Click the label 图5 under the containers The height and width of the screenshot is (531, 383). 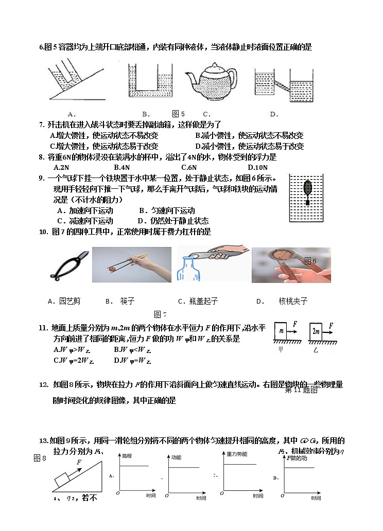tap(178, 114)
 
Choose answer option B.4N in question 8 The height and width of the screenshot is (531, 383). tap(121, 167)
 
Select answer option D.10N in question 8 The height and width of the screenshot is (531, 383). tap(257, 167)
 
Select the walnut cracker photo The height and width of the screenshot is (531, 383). tap(291, 264)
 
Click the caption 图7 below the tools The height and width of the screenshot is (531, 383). tap(160, 314)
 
